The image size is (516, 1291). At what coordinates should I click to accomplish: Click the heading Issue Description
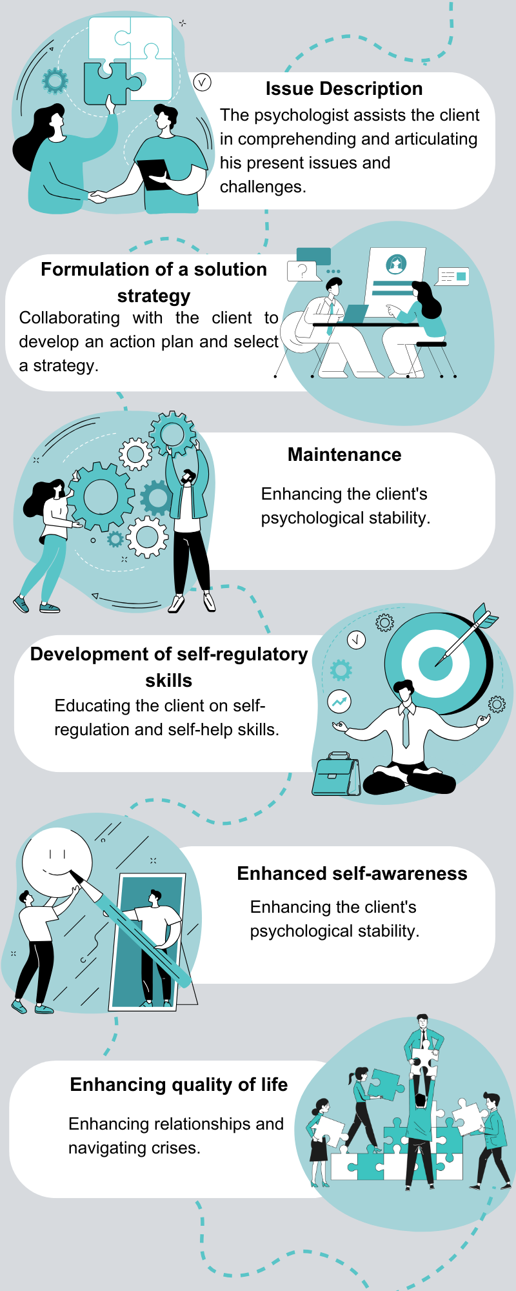coord(344,89)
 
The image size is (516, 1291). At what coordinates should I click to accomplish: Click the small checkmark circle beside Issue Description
coord(202,82)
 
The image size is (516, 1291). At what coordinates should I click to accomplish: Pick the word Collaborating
coord(70,318)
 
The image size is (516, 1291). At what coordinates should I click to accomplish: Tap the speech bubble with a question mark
coord(302,270)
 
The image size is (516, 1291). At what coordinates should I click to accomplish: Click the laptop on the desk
coord(352,313)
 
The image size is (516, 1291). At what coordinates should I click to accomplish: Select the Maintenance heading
coord(344,455)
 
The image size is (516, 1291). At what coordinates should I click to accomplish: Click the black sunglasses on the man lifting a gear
coord(187,478)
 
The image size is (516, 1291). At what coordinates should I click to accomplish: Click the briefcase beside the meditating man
coord(336,774)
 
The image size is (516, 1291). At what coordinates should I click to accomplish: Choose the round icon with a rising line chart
coord(339,701)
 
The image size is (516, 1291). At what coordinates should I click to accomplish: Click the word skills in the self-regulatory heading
coord(168,681)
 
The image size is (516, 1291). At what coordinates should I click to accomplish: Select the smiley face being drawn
coord(57,862)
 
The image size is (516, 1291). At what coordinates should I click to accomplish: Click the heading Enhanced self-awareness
coord(352,874)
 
